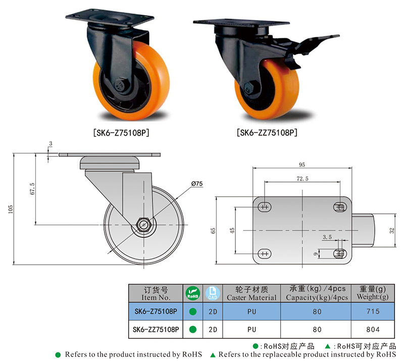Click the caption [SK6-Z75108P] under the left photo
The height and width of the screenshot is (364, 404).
tap(121, 133)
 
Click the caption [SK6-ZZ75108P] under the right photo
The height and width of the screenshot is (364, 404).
tap(267, 133)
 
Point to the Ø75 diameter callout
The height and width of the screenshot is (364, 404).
tap(197, 184)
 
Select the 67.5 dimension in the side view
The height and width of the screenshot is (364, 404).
tap(32, 189)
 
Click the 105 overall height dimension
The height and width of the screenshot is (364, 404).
tap(10, 209)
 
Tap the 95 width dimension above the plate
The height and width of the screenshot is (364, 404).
tap(302, 165)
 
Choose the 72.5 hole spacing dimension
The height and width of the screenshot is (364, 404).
tap(302, 178)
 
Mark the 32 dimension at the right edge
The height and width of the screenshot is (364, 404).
tap(392, 230)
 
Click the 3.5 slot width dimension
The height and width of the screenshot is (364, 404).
tap(327, 237)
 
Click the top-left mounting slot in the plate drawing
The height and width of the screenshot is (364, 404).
tap(264, 207)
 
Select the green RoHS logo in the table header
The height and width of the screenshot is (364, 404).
tap(192, 293)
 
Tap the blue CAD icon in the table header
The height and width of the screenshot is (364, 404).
tap(213, 293)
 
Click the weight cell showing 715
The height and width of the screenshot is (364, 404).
tap(373, 312)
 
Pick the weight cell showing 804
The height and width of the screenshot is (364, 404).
tap(373, 330)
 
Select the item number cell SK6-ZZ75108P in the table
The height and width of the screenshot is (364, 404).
tap(156, 330)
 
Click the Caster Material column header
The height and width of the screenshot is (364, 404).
tap(251, 293)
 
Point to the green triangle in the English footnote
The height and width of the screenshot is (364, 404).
tap(213, 355)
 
